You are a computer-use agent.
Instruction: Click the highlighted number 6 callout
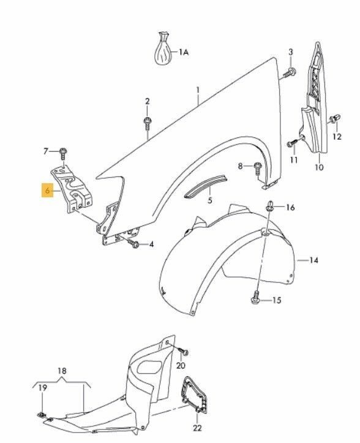47,191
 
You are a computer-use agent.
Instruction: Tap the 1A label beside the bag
184,52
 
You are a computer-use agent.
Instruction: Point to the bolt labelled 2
147,123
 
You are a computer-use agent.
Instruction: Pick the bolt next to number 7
63,154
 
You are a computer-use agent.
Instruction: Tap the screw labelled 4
133,243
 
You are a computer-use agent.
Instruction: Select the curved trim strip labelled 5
206,186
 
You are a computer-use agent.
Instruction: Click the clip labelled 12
334,119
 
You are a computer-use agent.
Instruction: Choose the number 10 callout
319,167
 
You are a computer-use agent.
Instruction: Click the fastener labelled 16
269,206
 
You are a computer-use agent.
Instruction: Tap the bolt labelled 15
255,297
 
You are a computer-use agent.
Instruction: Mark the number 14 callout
313,260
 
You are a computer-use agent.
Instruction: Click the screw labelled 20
183,351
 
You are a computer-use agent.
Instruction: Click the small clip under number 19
42,414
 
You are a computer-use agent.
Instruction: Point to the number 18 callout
62,371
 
